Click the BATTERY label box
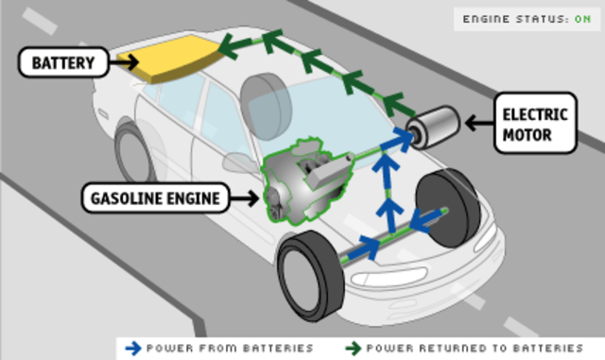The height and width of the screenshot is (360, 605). [x=59, y=63]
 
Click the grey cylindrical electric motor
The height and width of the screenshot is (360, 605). [x=434, y=125]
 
